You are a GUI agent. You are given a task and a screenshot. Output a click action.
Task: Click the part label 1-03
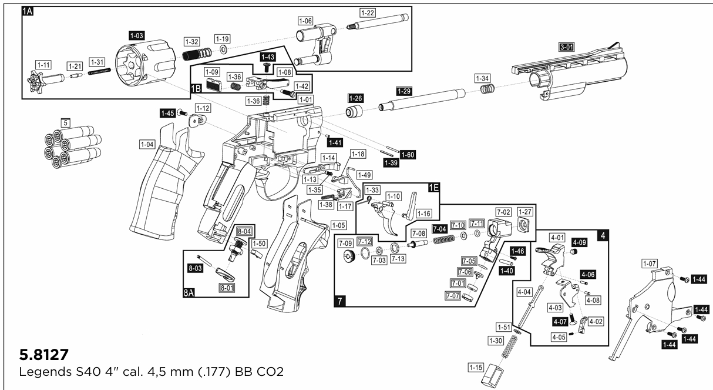coord(136,36)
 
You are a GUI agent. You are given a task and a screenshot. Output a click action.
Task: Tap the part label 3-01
coord(567,46)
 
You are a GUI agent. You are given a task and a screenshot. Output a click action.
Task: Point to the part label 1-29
coord(403,91)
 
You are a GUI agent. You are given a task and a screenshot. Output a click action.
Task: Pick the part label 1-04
coord(147,144)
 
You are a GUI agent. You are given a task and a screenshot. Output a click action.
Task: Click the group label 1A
coord(28,11)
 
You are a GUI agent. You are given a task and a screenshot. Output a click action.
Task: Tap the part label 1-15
coord(476,368)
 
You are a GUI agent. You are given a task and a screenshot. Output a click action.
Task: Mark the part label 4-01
coord(557,238)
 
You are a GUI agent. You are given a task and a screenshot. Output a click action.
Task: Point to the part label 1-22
coord(368,12)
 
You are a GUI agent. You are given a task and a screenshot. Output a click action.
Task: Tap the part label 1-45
coord(167,113)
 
